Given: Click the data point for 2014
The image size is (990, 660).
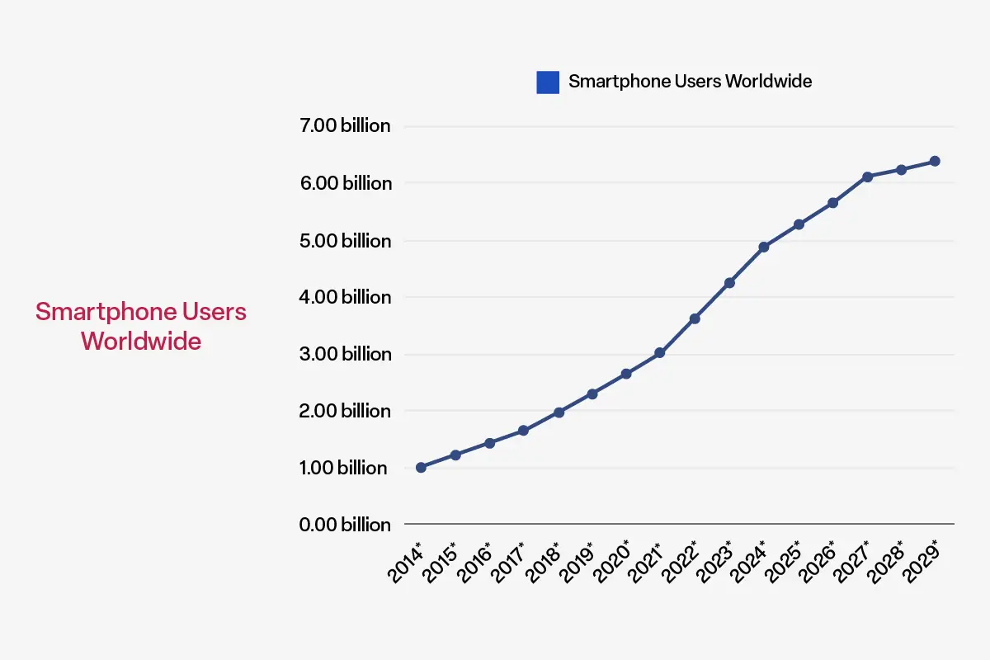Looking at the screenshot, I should (x=421, y=468).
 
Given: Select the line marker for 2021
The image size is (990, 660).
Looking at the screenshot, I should (x=660, y=353).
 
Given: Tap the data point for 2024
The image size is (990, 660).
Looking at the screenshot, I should (x=764, y=247).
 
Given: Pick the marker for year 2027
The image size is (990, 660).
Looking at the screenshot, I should (x=867, y=177).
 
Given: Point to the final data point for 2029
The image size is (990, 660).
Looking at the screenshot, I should (x=936, y=161).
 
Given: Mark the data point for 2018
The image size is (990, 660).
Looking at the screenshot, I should (x=559, y=412).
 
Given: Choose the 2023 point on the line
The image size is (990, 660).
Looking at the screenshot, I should (x=729, y=283).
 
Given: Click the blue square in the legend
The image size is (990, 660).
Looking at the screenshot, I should (x=548, y=82).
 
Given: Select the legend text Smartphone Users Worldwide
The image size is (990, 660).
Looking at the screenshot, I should (x=690, y=81).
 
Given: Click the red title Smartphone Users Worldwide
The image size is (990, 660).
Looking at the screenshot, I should (x=141, y=326).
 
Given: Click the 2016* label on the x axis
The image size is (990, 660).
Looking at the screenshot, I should (x=477, y=563).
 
